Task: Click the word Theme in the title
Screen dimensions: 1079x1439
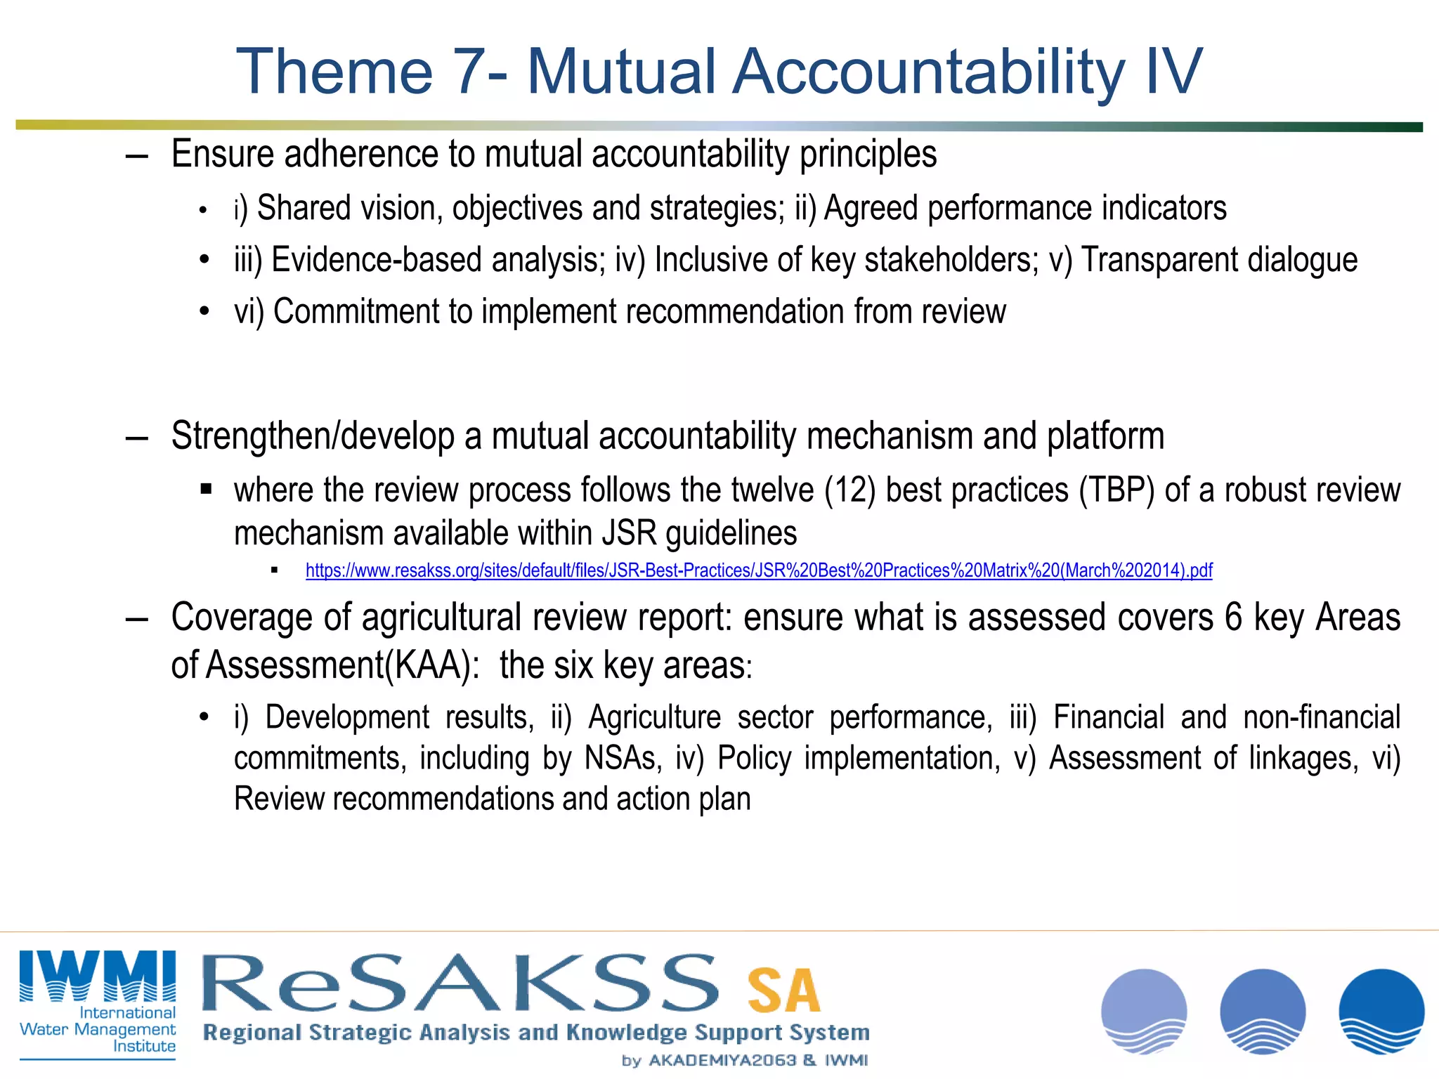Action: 334,72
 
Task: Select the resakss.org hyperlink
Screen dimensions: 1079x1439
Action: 759,570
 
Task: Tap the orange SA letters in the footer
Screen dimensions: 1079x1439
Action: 783,990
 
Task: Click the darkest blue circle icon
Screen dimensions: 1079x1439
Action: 1381,1012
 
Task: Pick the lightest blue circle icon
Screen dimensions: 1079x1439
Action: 1144,1012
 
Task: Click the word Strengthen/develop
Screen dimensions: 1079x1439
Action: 313,436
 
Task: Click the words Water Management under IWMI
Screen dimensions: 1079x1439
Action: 98,1029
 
